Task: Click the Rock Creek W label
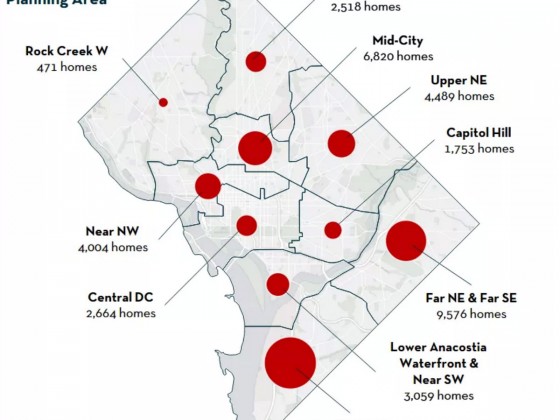[67, 50]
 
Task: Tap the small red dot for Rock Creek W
[163, 102]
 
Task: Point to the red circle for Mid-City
[255, 148]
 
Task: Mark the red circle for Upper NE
[342, 143]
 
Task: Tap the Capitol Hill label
[480, 133]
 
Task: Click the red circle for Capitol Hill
[333, 230]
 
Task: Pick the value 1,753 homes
[480, 148]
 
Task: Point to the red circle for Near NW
[208, 186]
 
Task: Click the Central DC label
[121, 297]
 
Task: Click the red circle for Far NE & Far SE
[407, 241]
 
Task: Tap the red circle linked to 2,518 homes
[256, 61]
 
